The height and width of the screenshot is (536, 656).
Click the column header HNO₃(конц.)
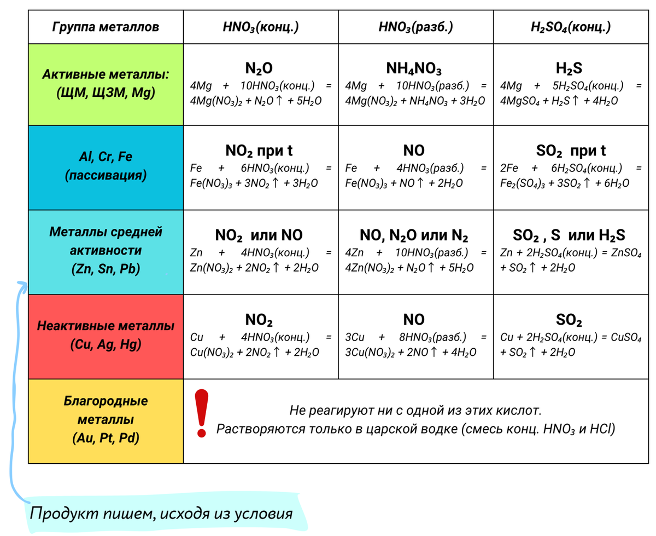(261, 27)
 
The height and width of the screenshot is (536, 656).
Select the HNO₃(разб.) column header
(415, 27)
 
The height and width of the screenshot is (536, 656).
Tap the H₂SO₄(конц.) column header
(571, 27)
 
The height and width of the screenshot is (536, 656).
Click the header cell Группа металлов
(106, 27)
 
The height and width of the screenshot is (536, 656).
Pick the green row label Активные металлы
(106, 83)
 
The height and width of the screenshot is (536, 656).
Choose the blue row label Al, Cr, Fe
(106, 167)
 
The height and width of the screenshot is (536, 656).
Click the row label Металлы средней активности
(106, 251)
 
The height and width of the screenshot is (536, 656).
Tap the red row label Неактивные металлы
(106, 335)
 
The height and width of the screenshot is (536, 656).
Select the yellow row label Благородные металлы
(106, 420)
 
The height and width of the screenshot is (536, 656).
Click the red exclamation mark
(202, 413)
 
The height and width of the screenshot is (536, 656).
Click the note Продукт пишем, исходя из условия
(161, 514)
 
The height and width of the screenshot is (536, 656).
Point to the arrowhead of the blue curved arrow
(21, 284)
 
